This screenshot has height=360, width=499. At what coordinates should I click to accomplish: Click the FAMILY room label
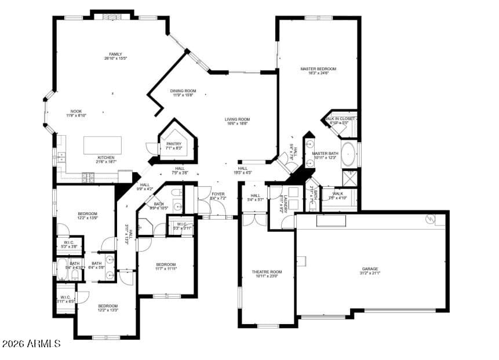click(115, 54)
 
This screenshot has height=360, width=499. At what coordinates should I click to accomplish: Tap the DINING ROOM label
click(183, 90)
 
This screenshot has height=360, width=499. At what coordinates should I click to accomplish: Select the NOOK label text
click(76, 111)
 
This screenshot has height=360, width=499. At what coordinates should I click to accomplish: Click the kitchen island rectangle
click(103, 145)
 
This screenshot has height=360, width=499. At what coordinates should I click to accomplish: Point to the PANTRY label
click(174, 144)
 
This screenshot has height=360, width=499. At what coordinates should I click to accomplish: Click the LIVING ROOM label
click(237, 119)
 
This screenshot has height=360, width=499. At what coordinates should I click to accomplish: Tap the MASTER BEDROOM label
click(318, 68)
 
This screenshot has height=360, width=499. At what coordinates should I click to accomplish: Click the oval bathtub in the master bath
click(348, 154)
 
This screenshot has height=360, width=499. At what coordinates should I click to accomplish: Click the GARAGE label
click(370, 268)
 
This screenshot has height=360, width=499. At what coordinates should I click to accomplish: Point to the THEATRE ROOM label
click(267, 272)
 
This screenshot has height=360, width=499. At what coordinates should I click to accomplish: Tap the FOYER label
click(217, 194)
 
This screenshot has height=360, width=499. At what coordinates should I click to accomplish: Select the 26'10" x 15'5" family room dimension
click(115, 59)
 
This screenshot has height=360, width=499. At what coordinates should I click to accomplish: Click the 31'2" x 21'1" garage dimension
click(370, 273)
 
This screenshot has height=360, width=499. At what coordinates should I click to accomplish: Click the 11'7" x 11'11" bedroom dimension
click(165, 268)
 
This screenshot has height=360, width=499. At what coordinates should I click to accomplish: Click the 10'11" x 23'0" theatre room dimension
click(267, 277)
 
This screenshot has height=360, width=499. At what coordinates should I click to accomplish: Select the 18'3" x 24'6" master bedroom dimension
click(318, 73)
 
